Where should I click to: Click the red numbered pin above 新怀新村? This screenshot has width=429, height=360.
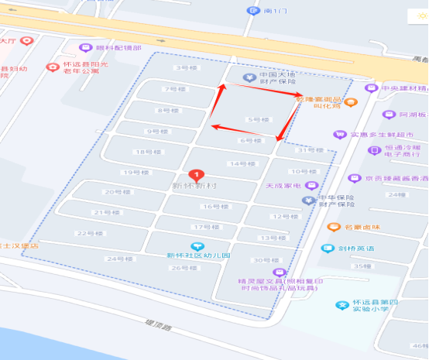tap(197, 175)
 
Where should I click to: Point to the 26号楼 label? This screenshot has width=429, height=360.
tap(180, 268)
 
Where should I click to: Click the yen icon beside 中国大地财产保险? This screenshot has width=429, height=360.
tap(249, 77)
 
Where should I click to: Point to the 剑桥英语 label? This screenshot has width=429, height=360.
tap(356, 249)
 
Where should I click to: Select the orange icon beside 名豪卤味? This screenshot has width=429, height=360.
tap(333, 228)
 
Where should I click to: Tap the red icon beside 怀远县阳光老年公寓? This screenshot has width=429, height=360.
tap(53, 67)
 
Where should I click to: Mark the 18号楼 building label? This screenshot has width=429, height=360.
tap(142, 153)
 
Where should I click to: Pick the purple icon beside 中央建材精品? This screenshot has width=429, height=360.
tap(371, 87)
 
